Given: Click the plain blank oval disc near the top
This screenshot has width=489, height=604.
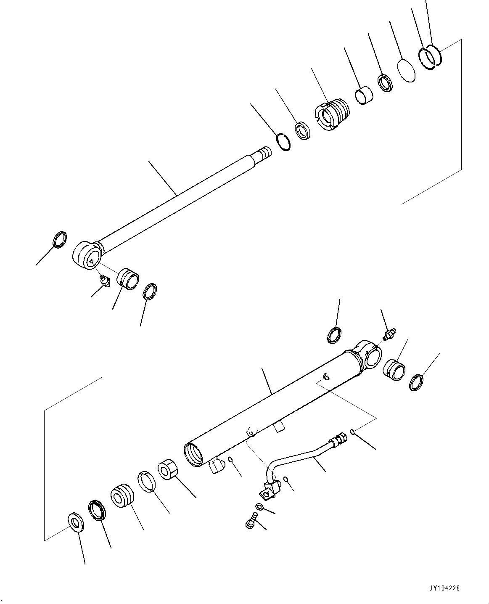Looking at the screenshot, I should [406, 70].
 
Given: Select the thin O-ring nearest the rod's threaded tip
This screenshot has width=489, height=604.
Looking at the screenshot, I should [283, 141].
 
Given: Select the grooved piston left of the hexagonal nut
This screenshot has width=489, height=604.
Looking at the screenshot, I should [122, 496].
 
